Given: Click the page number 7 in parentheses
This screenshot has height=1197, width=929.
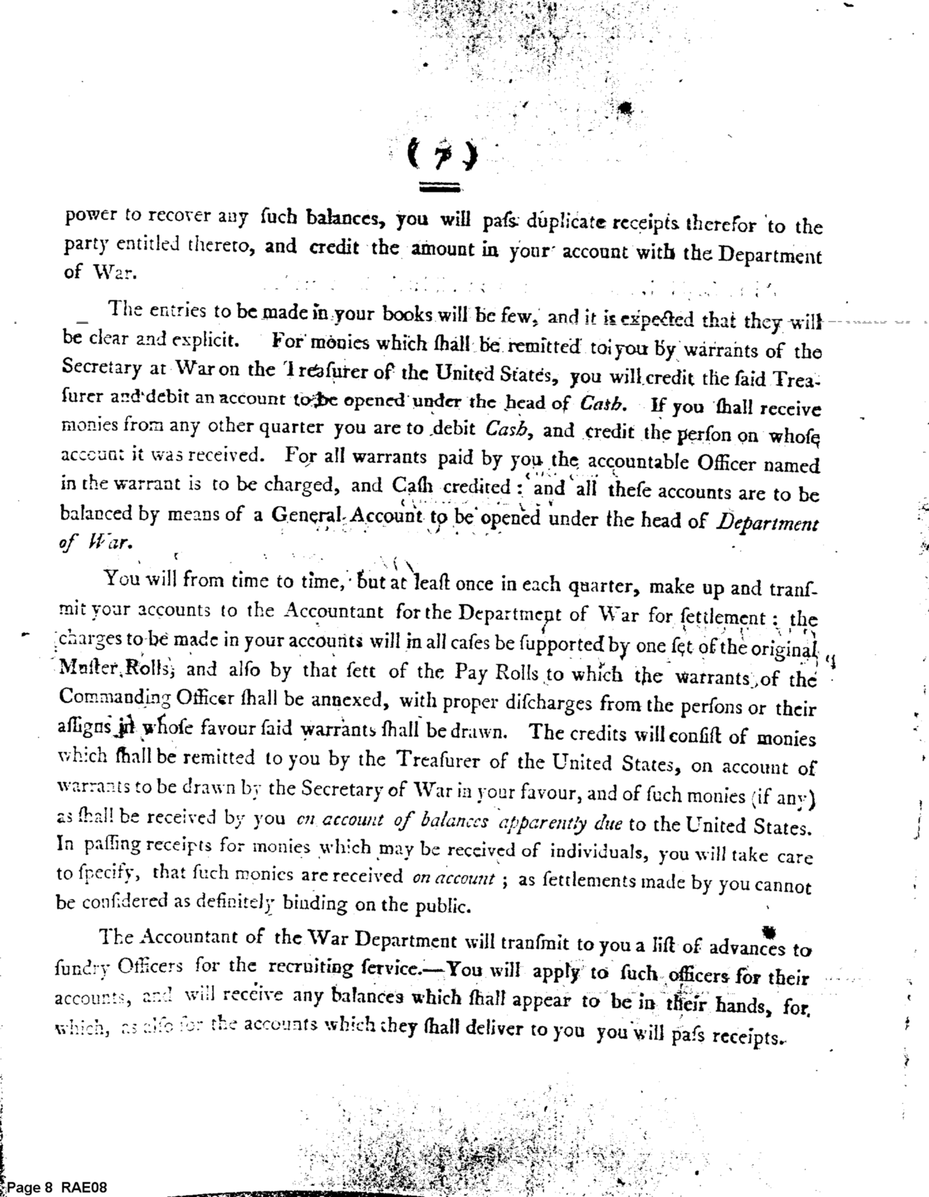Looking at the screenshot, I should coord(442,157).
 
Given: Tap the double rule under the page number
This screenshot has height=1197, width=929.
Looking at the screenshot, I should coord(440,188).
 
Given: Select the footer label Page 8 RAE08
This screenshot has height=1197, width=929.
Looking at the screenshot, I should coord(58,1187).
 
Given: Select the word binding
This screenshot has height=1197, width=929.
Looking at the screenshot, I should coord(315,904).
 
